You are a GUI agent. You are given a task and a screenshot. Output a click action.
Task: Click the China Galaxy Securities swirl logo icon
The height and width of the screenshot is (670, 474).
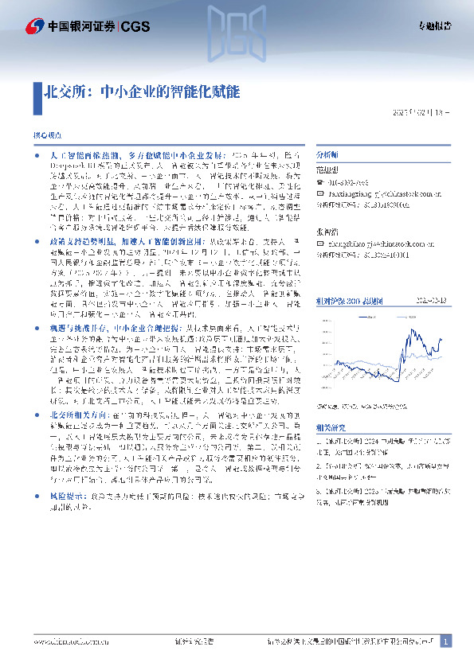click(x=33, y=26)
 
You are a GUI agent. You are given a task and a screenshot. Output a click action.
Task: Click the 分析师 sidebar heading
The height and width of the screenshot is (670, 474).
click(x=327, y=154)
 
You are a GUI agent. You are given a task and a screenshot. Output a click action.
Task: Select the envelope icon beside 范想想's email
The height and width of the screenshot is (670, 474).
click(x=320, y=193)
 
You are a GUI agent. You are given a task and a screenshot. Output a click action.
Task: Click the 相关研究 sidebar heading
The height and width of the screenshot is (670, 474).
click(x=330, y=427)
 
